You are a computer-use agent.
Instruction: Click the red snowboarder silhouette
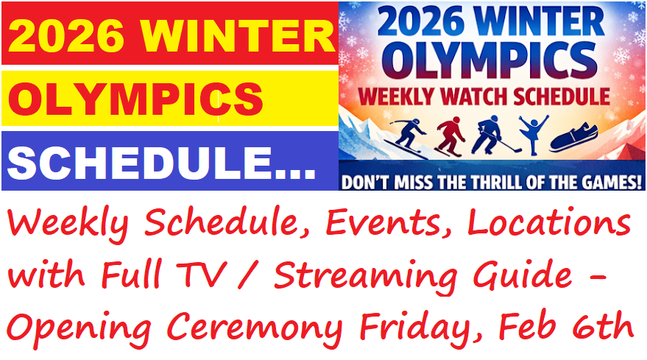(x=449, y=138)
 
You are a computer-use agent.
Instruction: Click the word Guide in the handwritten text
(x=529, y=275)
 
